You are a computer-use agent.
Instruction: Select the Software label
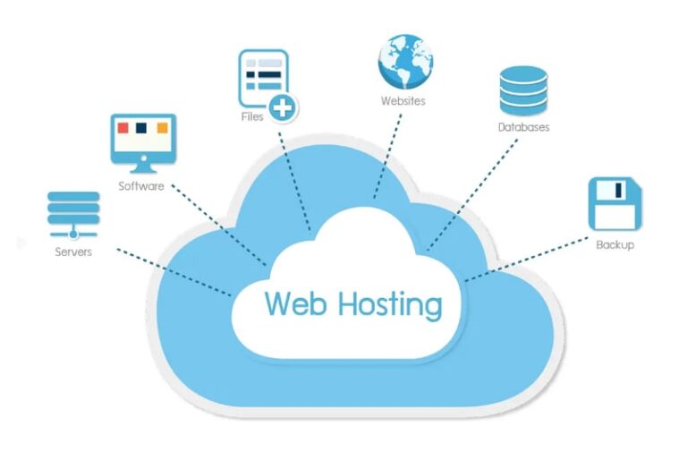141,186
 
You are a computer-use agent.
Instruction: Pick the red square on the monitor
123,128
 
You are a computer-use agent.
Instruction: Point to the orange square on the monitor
162,128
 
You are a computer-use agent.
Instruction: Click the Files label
251,117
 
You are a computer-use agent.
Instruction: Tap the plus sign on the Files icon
284,108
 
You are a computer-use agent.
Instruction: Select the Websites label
403,100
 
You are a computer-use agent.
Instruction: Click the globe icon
404,58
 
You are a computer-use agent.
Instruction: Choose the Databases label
523,127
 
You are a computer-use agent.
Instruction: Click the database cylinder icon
522,90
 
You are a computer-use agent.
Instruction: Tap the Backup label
615,244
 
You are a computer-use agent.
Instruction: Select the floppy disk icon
615,203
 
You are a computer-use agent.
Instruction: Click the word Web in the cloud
296,304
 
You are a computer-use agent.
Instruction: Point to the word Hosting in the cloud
389,306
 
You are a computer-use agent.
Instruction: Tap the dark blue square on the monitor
143,128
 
